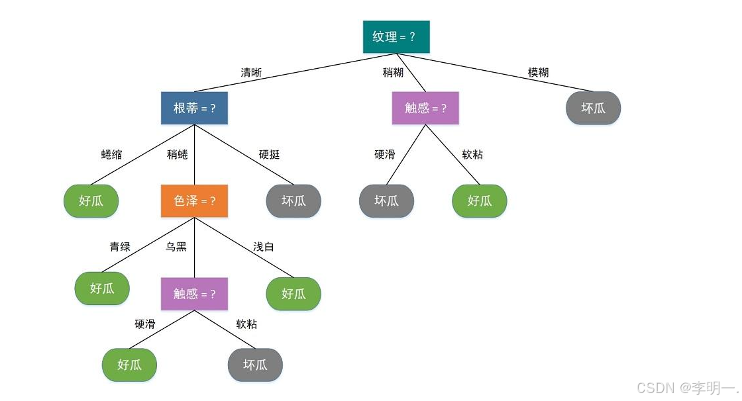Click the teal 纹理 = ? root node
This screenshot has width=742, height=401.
(x=396, y=37)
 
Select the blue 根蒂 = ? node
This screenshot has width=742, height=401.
(x=194, y=108)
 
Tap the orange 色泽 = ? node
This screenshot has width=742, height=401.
(x=194, y=200)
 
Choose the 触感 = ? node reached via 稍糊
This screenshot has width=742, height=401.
(x=425, y=108)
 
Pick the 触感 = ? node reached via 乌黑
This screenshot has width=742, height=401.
(x=194, y=294)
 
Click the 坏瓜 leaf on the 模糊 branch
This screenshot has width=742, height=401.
(x=594, y=108)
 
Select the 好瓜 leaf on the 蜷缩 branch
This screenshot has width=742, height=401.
(x=91, y=200)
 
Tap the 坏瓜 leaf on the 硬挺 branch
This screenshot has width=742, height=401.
(x=293, y=200)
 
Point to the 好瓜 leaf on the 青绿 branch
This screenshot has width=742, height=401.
(x=102, y=288)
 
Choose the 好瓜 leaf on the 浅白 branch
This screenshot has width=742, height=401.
(x=293, y=294)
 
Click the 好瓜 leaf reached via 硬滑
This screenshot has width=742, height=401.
(x=129, y=365)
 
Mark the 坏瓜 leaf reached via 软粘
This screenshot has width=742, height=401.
(x=255, y=365)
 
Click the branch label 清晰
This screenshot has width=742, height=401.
(x=250, y=73)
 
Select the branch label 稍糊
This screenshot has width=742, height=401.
(x=393, y=73)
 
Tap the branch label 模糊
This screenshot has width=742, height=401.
(x=538, y=73)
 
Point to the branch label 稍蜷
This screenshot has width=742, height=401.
(x=177, y=155)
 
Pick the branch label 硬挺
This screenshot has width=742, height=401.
(x=269, y=155)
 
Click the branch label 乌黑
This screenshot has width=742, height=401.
(x=176, y=247)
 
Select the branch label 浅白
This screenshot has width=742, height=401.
(x=263, y=247)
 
